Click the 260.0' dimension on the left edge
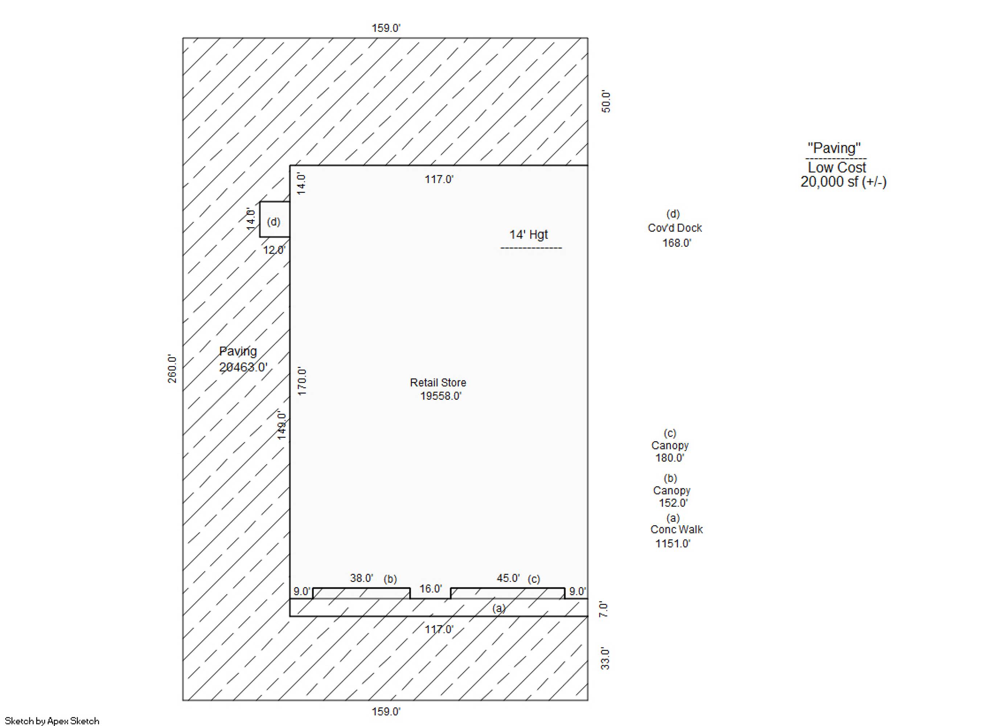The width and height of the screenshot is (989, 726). pos(172,369)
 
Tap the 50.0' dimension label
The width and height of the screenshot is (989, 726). pos(606,102)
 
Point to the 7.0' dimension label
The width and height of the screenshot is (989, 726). pos(604,609)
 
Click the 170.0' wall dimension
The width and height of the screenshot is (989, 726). pos(302,382)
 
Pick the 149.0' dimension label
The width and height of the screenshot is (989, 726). pos(282,425)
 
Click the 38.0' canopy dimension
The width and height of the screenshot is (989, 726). pos(361,578)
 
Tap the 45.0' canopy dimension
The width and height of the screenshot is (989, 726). pos(508,578)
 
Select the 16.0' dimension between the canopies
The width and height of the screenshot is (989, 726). pos(430,589)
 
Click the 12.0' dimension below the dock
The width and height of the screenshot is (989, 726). pos(274,250)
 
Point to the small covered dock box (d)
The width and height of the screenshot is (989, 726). pos(275,220)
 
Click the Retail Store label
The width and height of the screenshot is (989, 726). pos(438,383)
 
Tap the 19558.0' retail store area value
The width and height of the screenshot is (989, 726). pos(440,396)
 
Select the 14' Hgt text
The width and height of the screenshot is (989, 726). pos(528,234)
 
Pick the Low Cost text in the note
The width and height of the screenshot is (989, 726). pos(837,167)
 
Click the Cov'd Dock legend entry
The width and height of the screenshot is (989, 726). pos(674,228)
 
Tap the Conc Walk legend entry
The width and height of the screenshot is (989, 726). pos(676,530)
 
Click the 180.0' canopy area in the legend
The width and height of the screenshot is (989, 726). pos(670,458)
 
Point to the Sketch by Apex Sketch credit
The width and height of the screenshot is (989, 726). pos(52,721)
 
